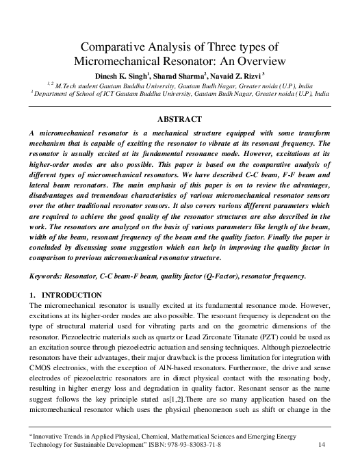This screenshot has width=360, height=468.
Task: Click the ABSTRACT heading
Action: (179, 119)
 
